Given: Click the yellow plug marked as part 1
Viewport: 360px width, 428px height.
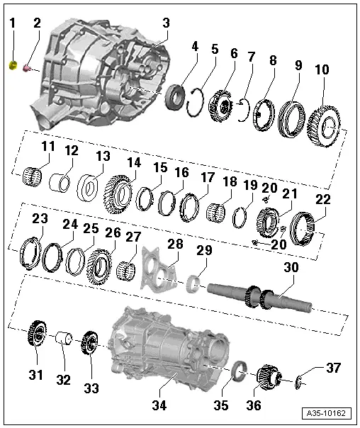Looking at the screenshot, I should point(13,66).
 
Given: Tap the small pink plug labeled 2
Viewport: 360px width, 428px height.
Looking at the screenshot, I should point(27,68).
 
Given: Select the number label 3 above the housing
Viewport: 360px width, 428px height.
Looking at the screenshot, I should point(165,23).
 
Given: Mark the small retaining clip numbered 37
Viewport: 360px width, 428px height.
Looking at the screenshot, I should point(298,382).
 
